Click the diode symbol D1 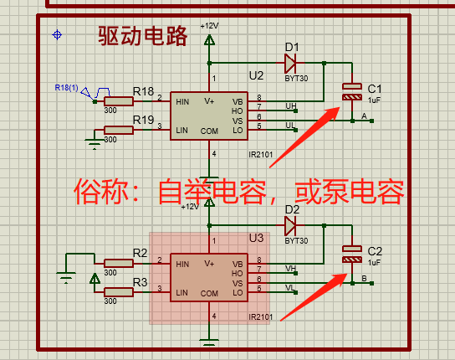290,63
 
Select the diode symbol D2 290,225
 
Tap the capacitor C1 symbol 352,92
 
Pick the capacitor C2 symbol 352,255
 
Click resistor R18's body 119,101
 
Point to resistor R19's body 119,130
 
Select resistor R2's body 119,263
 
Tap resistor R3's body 119,292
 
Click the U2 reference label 256,76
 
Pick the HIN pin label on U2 182,102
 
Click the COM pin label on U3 209,294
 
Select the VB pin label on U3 238,264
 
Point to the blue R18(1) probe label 66,87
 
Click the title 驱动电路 142,36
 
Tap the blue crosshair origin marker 57,35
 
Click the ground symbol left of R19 95,143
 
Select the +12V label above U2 209,26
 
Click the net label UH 291,106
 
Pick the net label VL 290,288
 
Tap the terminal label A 364,116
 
